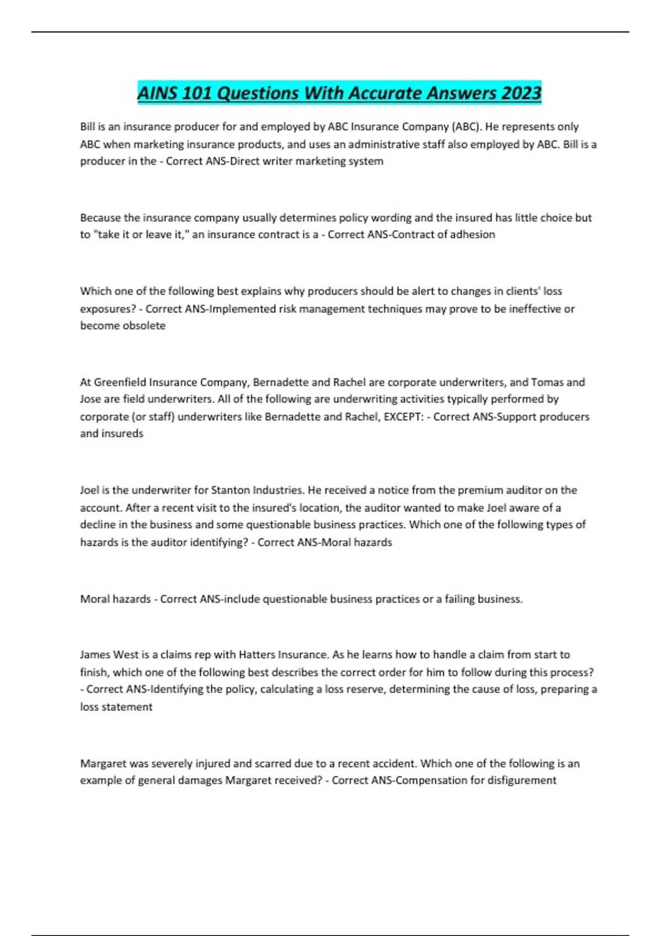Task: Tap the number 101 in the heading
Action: [x=197, y=92]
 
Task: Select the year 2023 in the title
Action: [x=521, y=92]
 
